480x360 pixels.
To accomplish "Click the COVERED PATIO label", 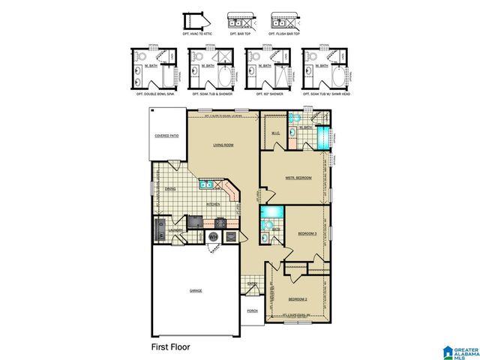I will click(166, 136).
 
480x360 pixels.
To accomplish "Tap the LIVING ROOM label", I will click(223, 145).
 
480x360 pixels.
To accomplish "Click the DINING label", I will click(170, 189).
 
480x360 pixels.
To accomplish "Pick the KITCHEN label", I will click(212, 203).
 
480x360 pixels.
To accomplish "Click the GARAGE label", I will click(195, 290).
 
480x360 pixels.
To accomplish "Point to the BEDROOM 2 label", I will click(298, 298).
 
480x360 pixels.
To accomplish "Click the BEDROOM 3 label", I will click(308, 232).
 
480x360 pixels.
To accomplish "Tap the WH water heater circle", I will click(212, 236).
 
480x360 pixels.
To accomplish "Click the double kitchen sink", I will click(207, 184).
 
